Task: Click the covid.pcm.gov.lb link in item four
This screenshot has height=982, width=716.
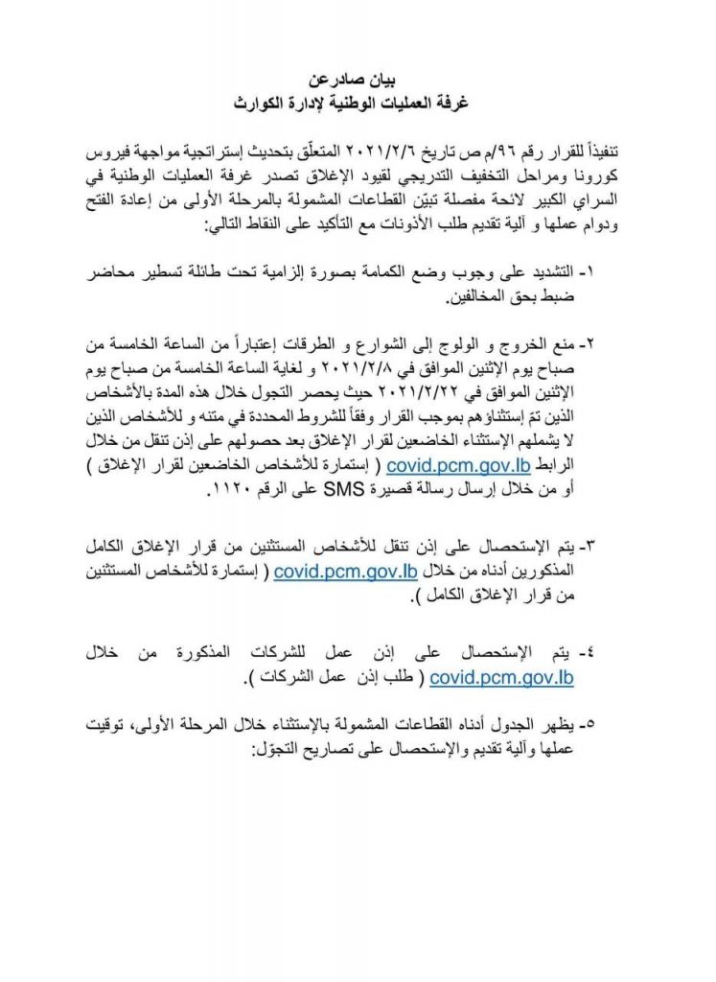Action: point(501,679)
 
